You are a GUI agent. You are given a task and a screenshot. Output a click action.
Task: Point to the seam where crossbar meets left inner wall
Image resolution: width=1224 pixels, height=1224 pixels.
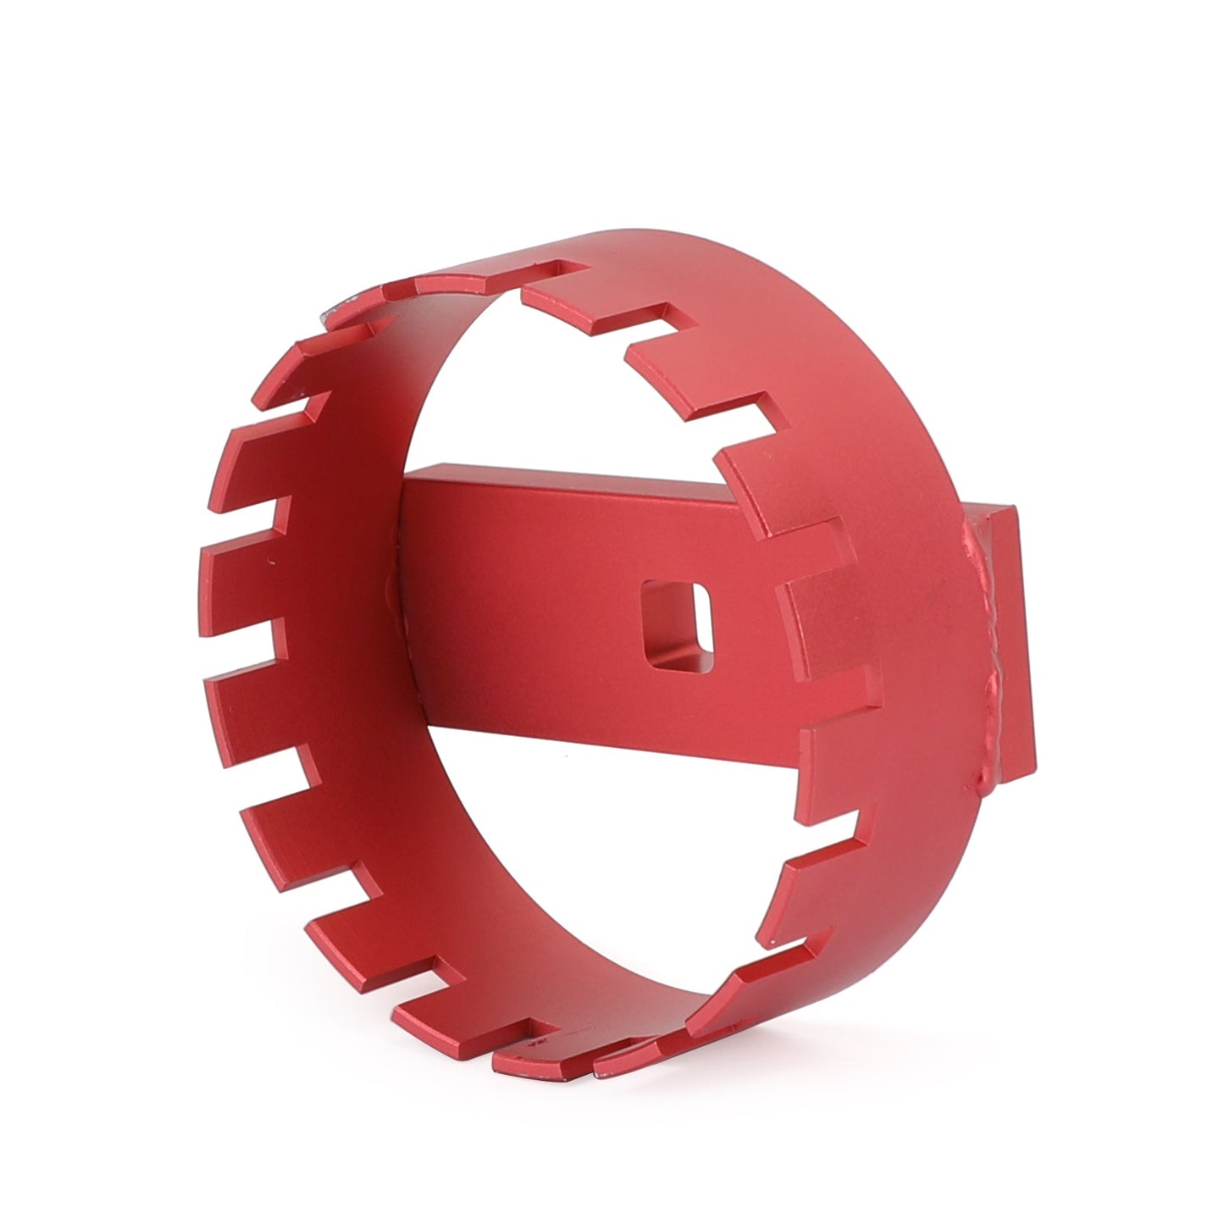(398, 593)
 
